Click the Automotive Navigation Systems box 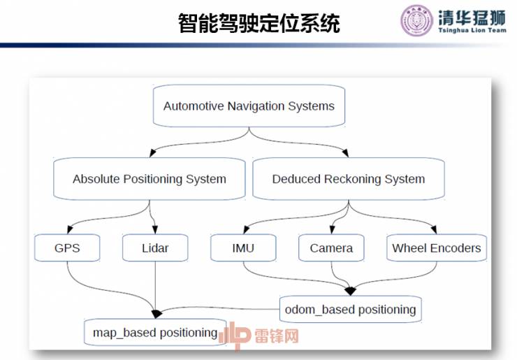[249, 106]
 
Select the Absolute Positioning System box [150, 179]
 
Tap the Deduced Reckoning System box [348, 179]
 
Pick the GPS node [67, 248]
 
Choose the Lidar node [154, 248]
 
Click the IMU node [242, 248]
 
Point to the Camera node [331, 248]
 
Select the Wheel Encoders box [436, 248]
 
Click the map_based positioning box [155, 333]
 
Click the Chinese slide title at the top [258, 24]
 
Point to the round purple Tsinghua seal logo [416, 21]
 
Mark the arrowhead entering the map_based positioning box [156, 312]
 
